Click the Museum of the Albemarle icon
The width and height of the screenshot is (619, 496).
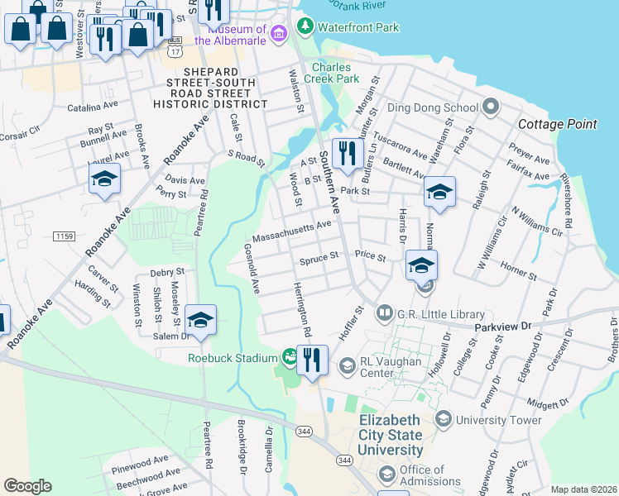[280, 33]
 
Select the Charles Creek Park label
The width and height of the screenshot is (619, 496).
[335, 73]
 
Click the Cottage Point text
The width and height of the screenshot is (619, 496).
[557, 124]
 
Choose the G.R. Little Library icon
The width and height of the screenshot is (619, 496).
[384, 313]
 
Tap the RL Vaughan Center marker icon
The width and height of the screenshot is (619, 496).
[347, 365]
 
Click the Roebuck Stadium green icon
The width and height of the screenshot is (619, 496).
[289, 358]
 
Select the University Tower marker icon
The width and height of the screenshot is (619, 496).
[443, 420]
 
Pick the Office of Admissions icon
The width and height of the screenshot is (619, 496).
[386, 475]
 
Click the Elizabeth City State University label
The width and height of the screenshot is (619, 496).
[390, 436]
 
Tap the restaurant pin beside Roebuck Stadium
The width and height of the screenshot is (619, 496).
[312, 360]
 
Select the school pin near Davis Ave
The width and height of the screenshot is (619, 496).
[104, 179]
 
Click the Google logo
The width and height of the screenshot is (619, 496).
[28, 486]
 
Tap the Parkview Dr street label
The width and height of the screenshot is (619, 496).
[502, 327]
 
